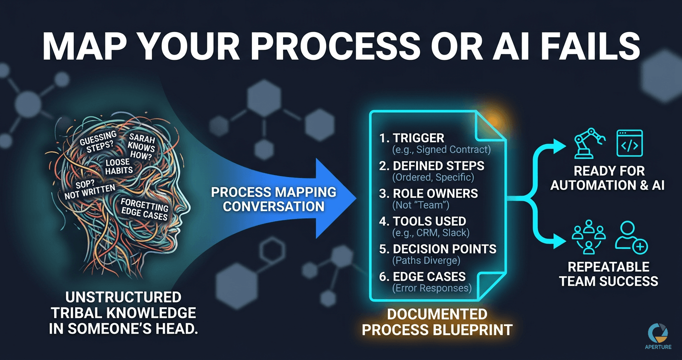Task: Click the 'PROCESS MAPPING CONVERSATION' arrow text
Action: click(273, 199)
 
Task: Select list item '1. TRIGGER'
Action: click(411, 138)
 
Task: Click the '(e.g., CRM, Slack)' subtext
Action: click(431, 233)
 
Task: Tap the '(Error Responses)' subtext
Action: click(432, 289)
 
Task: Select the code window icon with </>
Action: click(629, 143)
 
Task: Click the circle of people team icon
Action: click(589, 237)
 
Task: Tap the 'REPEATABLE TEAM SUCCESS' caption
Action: click(608, 273)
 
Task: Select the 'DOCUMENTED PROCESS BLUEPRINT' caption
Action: click(437, 322)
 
